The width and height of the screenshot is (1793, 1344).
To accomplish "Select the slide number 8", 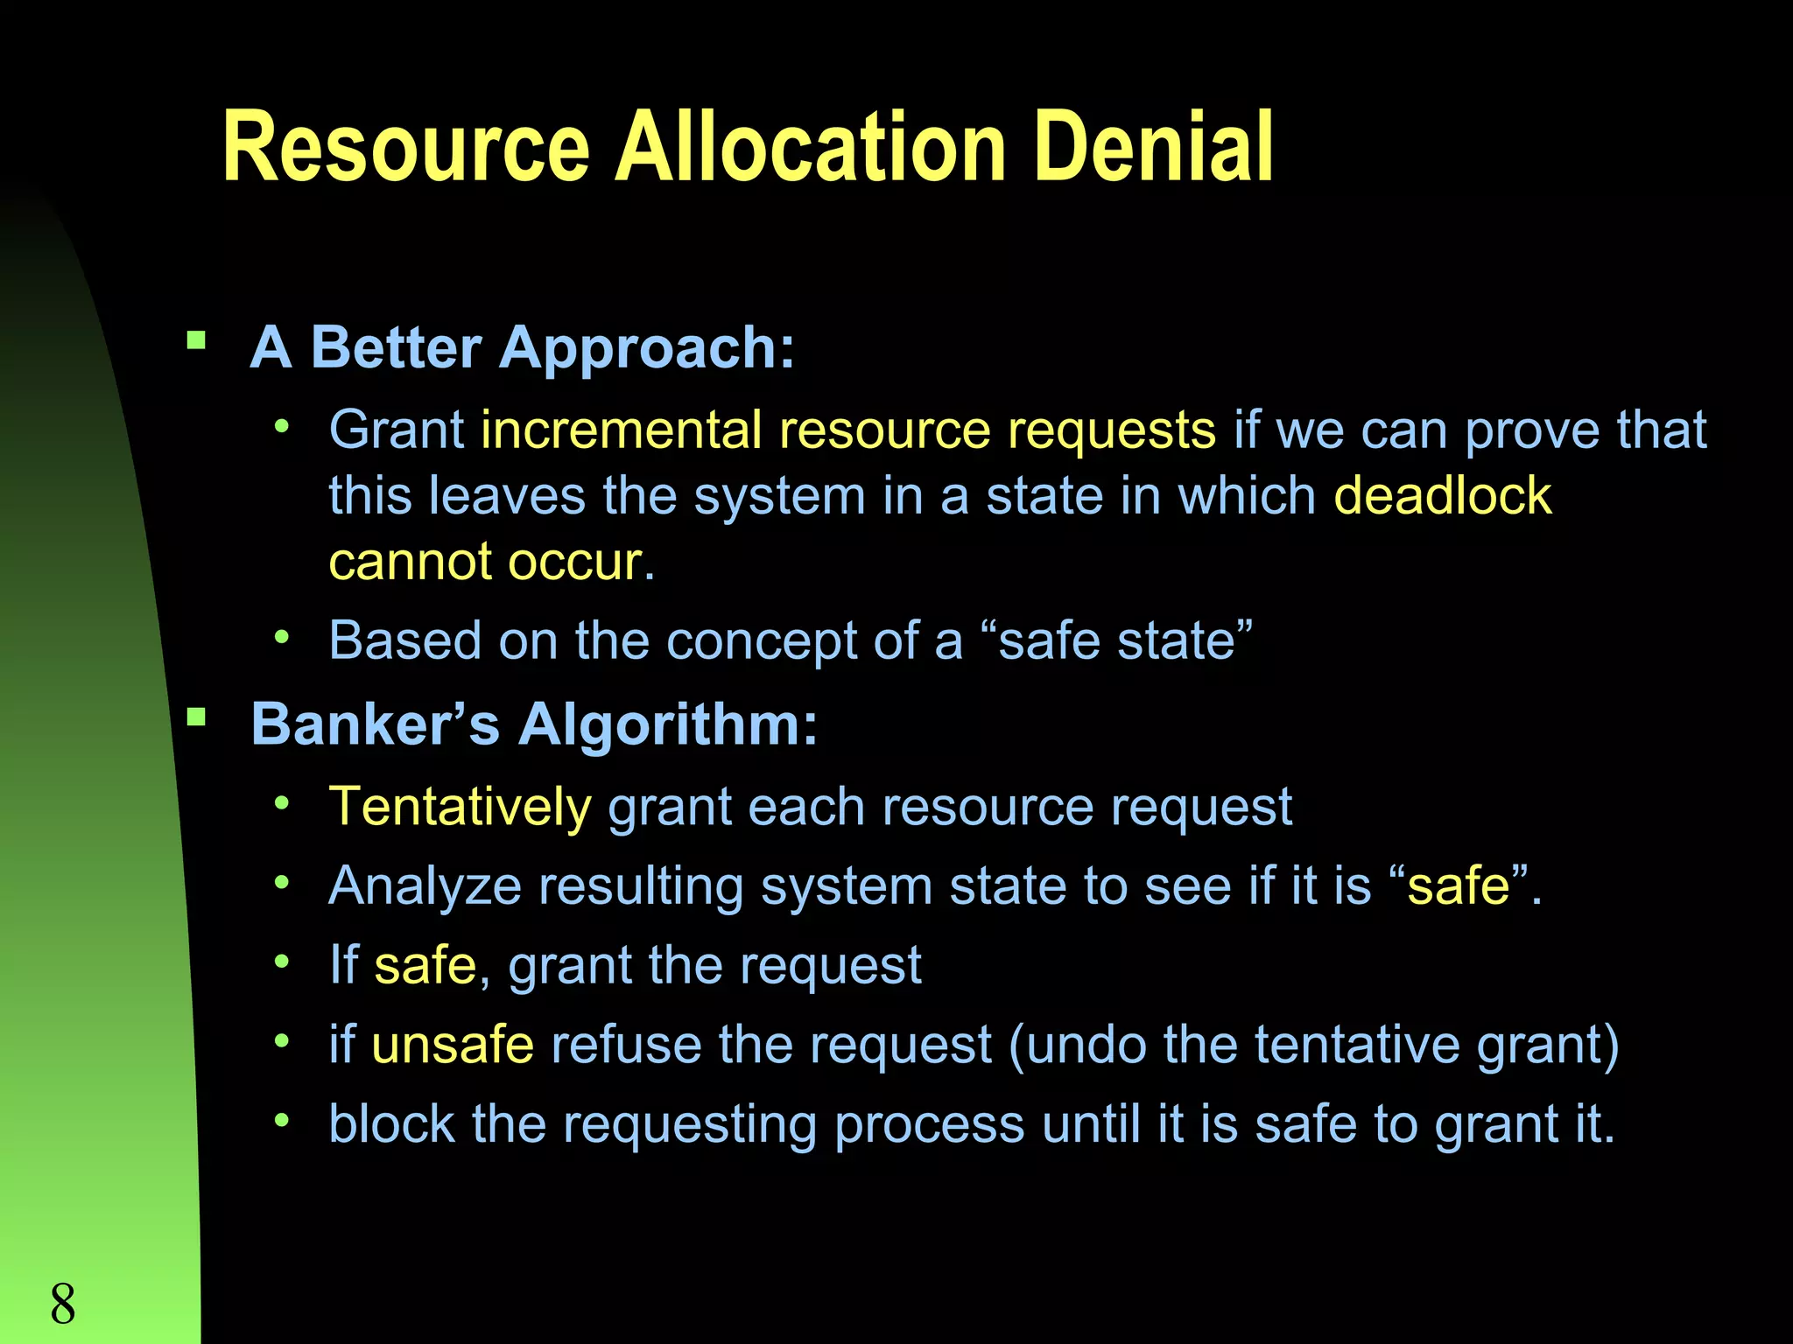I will pos(63,1304).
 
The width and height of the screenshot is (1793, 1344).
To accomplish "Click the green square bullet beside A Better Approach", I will pos(196,339).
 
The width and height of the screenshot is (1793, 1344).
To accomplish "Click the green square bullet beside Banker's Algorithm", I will pos(196,717).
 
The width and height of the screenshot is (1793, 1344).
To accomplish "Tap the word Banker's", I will pos(375,724).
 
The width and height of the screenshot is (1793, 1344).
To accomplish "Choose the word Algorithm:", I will pos(668,726).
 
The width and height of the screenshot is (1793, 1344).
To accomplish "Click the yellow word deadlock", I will pos(1442,496).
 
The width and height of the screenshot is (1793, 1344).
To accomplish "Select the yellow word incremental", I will pos(621,430).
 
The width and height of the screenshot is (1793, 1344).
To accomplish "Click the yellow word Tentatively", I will pos(460,807).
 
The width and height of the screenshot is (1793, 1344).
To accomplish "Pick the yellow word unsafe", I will pos(453,1045).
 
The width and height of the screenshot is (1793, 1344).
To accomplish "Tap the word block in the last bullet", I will pos(391,1123).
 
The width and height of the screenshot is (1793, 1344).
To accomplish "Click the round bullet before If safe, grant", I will pos(281,962).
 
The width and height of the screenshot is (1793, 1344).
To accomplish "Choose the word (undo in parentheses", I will pos(1077,1045).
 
